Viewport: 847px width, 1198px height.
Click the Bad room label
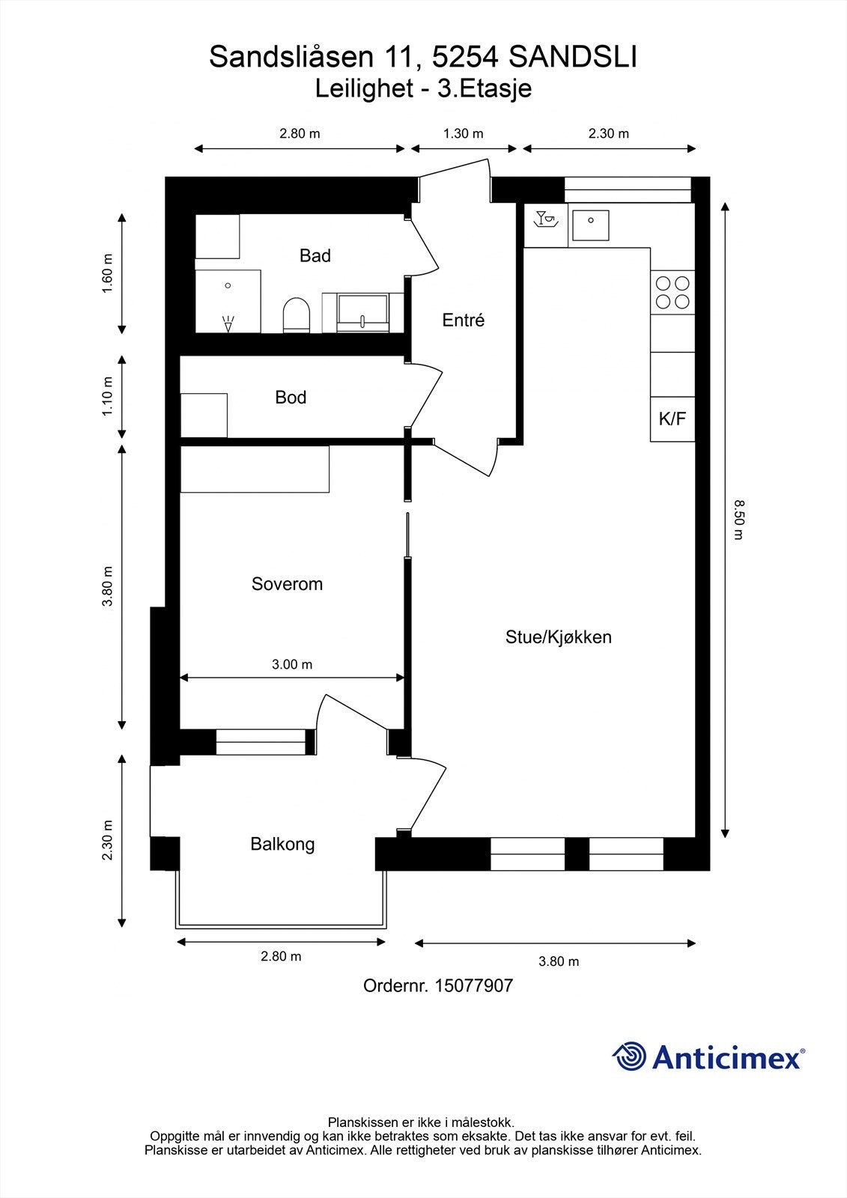pos(315,256)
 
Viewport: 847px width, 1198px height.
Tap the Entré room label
pos(463,320)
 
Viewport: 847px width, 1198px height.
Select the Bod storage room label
pos(291,398)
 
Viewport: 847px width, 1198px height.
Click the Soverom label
pos(287,584)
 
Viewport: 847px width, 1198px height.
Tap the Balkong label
pos(282,845)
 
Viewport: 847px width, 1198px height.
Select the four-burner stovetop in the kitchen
pos(672,293)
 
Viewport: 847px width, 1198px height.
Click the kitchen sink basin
pos(590,224)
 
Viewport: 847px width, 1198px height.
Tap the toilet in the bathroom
pos(297,314)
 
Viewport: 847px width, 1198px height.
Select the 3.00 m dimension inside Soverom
pos(292,664)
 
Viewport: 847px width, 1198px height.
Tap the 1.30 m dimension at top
pos(463,134)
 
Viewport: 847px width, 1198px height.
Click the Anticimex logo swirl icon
pos(629,1056)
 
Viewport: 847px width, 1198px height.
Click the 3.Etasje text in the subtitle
pos(485,89)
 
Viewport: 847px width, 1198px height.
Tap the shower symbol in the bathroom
pos(228,323)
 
